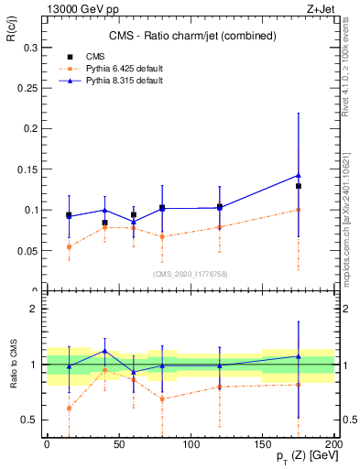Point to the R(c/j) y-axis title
point(13,36)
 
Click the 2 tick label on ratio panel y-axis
point(35,309)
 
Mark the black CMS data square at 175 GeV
point(299,186)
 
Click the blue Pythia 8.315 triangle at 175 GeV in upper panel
point(299,175)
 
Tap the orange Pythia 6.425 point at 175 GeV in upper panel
point(299,210)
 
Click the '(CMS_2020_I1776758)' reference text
point(189,274)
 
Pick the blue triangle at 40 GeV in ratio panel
point(104,351)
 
